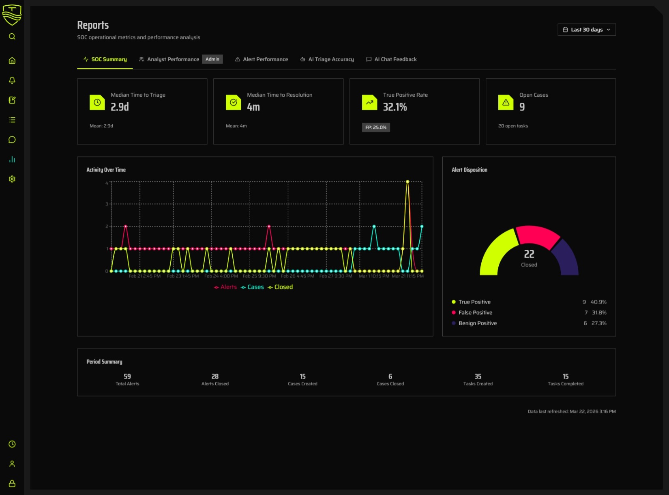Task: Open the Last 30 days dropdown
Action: click(586, 30)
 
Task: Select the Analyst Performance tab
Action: click(173, 59)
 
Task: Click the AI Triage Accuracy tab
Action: click(330, 59)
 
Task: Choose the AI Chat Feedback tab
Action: click(395, 59)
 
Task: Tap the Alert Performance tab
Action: click(265, 59)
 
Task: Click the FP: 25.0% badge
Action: click(375, 128)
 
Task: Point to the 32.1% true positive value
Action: click(395, 107)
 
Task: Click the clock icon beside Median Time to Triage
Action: click(97, 102)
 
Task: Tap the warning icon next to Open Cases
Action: click(506, 102)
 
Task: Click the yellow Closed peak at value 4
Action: click(407, 182)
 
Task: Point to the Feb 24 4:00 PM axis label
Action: click(221, 276)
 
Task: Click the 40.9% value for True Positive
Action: click(598, 302)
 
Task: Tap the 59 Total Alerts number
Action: click(127, 376)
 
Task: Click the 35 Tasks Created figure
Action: click(478, 376)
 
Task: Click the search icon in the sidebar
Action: click(12, 37)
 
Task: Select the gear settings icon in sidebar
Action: click(12, 179)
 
